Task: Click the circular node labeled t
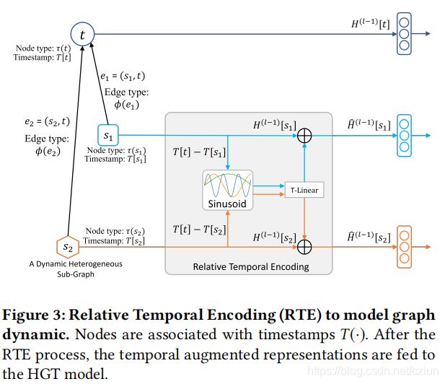(x=82, y=35)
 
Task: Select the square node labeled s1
(x=108, y=135)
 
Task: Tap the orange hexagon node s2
(x=68, y=247)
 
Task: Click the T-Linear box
(x=304, y=190)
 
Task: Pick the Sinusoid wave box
(x=228, y=190)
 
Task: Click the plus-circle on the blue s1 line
(x=304, y=136)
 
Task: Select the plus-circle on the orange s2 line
(x=304, y=247)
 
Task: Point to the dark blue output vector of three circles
(x=404, y=33)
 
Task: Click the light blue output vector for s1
(x=404, y=136)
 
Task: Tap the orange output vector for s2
(x=404, y=247)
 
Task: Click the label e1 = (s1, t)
(x=123, y=76)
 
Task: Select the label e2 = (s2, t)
(x=47, y=121)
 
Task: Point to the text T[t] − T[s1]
(x=199, y=152)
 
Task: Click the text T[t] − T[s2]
(x=199, y=230)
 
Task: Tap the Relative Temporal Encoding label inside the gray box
(x=251, y=266)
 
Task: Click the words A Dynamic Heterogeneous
(x=76, y=264)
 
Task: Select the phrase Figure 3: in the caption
(x=34, y=315)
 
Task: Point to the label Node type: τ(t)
(x=43, y=48)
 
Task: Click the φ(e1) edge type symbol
(x=126, y=105)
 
